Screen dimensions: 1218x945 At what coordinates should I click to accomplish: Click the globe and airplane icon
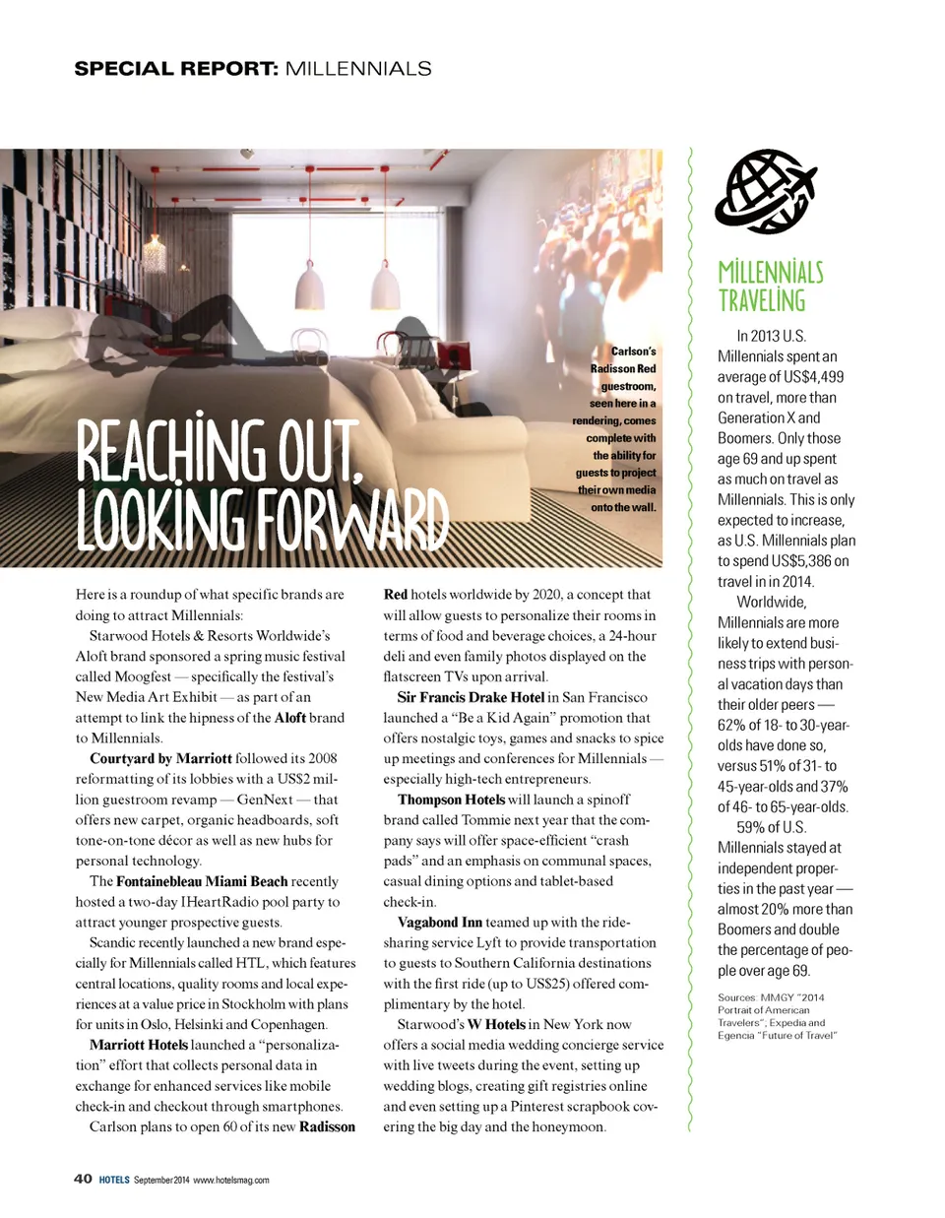pos(766,191)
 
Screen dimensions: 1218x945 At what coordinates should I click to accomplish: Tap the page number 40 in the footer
pos(83,1179)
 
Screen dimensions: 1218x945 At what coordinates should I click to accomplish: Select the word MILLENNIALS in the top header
pos(357,69)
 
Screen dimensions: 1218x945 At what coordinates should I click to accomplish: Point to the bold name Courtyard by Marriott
pos(160,758)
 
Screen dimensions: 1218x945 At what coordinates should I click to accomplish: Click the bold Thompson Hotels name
pos(451,800)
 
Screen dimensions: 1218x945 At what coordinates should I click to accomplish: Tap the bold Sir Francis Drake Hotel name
pos(471,697)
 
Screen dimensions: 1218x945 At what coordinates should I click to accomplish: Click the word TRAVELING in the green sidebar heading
pos(761,301)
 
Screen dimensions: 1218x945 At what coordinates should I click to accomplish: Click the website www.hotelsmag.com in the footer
pos(230,1180)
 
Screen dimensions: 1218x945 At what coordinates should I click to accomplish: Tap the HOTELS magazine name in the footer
pos(114,1180)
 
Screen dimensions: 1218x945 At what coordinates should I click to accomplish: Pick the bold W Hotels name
pos(496,1024)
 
